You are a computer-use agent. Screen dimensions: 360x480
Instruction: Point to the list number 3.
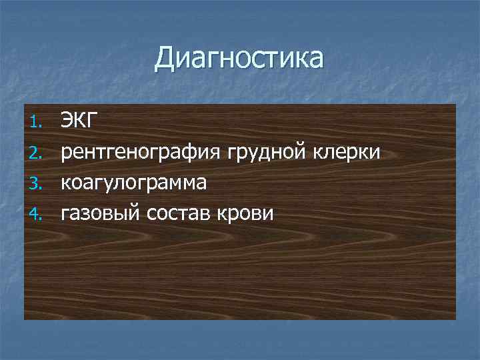pos(37,184)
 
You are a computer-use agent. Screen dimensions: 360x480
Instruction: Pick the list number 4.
pos(37,215)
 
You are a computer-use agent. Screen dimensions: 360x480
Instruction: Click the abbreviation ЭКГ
pos(80,121)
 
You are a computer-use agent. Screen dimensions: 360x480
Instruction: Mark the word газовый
pos(103,214)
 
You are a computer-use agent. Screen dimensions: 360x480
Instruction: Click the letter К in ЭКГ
pos(81,121)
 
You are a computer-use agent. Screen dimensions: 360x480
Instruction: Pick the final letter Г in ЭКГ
pos(93,121)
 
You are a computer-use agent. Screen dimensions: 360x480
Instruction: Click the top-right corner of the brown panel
pos(456,104)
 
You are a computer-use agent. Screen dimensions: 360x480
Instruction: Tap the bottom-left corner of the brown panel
pos(25,319)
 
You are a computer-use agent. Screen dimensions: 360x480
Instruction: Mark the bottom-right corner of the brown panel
pos(456,319)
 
